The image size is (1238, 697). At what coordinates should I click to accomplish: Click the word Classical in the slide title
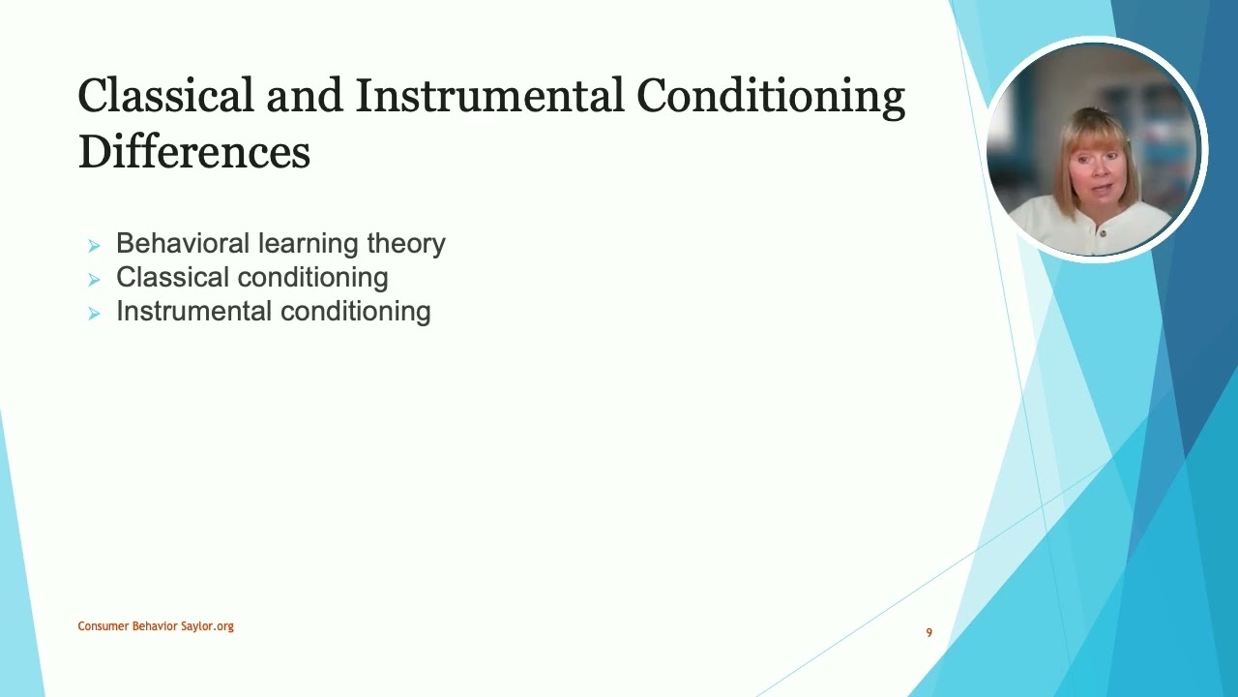(x=165, y=97)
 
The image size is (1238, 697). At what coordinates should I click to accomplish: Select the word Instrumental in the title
(x=489, y=97)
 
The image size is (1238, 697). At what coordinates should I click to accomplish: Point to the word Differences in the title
(x=193, y=153)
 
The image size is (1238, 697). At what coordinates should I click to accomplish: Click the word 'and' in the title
(x=304, y=97)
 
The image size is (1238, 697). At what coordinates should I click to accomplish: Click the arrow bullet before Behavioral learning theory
(x=94, y=246)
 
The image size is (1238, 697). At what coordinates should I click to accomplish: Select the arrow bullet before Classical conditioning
(x=94, y=280)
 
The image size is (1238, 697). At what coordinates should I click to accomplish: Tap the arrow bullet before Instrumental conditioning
(x=94, y=314)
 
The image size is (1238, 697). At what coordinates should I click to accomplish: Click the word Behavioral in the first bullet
(x=169, y=243)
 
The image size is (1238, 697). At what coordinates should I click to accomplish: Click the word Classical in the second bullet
(x=168, y=277)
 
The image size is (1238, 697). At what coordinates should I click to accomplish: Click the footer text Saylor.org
(x=207, y=626)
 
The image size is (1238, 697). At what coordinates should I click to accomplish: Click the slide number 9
(x=928, y=633)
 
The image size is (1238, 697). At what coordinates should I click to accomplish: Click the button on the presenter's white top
(x=1103, y=232)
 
